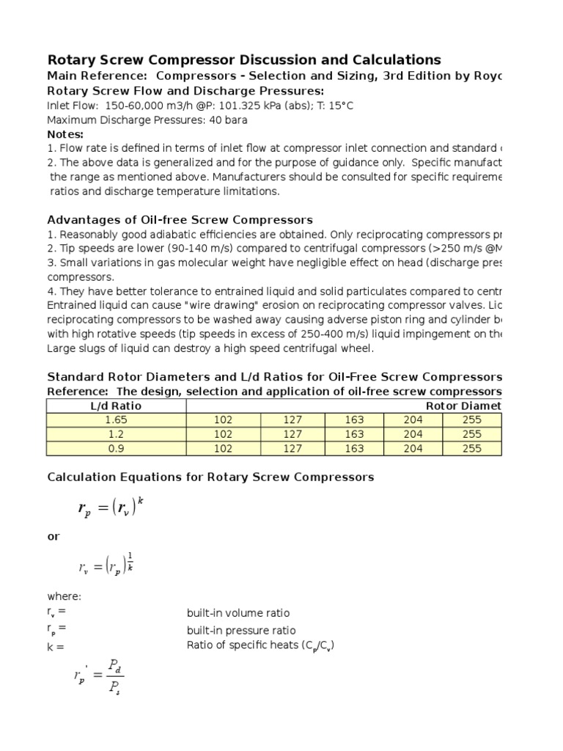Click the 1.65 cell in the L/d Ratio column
[116, 420]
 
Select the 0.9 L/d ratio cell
[116, 449]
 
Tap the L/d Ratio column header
[116, 406]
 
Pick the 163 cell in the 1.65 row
[353, 420]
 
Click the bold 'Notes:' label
[65, 134]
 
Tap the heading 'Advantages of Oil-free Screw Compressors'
[180, 220]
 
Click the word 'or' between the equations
[54, 536]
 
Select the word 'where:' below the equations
[64, 597]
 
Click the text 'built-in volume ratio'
[238, 613]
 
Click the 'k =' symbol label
[56, 647]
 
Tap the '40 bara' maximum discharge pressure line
[147, 120]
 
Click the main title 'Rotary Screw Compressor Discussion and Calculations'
[244, 59]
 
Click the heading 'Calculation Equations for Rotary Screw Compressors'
[210, 477]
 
